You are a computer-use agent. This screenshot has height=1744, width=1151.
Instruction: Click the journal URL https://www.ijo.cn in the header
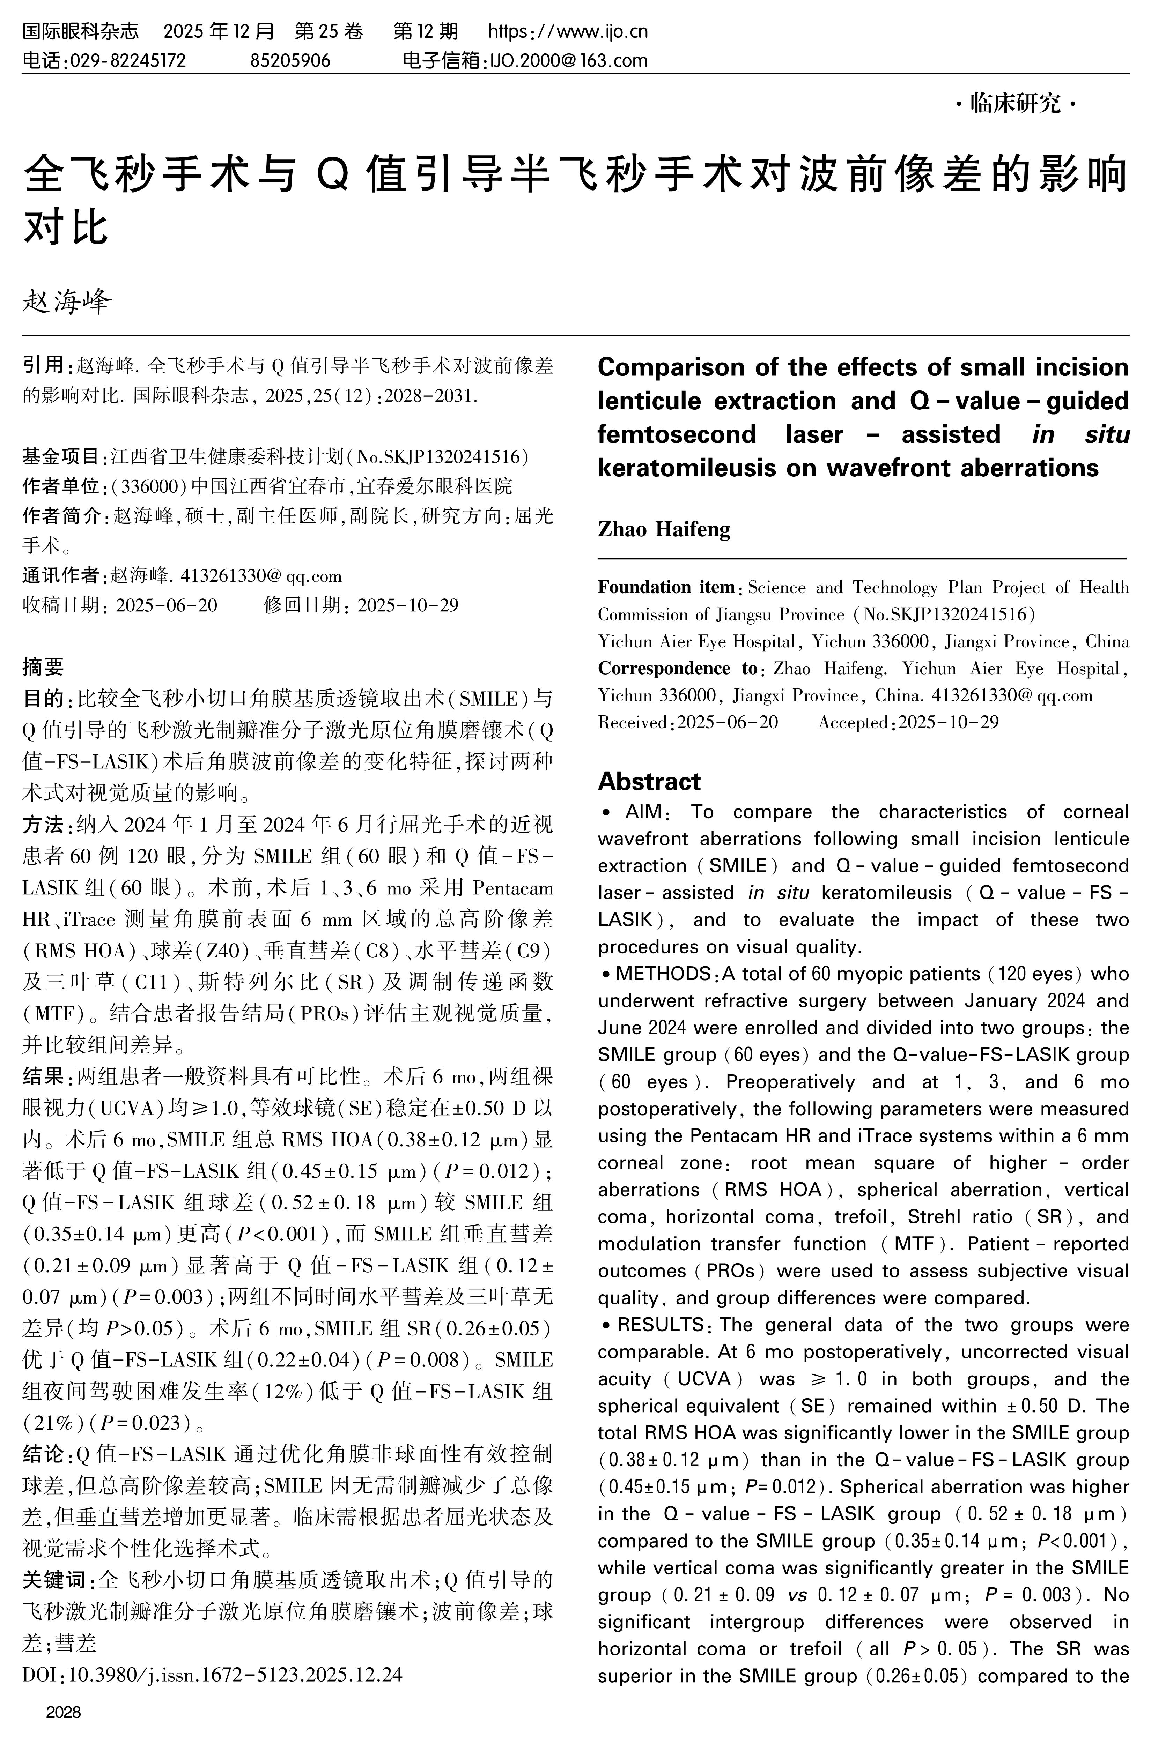(567, 31)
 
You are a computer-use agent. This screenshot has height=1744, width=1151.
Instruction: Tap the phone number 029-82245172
(126, 60)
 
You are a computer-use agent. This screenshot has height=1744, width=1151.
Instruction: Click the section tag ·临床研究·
(1016, 104)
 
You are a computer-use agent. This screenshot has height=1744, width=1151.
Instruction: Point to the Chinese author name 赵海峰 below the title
(67, 301)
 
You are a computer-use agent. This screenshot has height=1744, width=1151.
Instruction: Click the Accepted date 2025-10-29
(949, 723)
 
